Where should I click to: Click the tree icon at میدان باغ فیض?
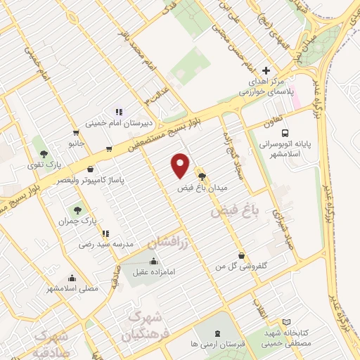tap(202, 176)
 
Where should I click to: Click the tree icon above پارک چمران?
tap(78, 210)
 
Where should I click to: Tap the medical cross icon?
tap(265, 70)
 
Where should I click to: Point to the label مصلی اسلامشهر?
tap(72, 288)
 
